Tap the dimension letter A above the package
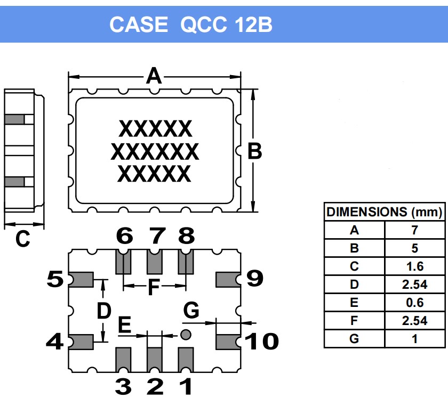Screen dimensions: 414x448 pos(154,76)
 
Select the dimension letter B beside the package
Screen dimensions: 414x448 pos(255,152)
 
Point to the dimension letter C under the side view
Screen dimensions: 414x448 pos(22,240)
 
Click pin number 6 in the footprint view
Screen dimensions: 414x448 pos(124,236)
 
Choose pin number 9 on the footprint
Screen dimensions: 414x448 pos(254,278)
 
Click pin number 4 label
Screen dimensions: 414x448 pos(54,341)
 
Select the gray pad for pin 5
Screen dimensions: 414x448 pos(82,279)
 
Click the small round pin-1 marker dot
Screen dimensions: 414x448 pos(186,335)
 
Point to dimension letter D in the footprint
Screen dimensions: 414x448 pos(103,311)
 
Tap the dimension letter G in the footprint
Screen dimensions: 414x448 pos(191,310)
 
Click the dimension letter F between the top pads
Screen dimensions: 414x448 pos(154,288)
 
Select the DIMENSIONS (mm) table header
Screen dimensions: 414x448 pos(384,212)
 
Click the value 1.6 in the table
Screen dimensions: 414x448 pos(414,266)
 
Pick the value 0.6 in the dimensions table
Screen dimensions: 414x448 pos(414,303)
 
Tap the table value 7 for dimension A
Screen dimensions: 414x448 pos(414,230)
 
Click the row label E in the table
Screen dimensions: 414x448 pos(354,303)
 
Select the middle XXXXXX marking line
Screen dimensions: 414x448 pos(155,152)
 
